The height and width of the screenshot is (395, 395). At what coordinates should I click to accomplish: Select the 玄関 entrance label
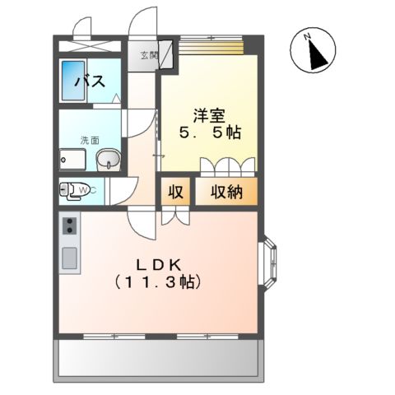tap(148, 56)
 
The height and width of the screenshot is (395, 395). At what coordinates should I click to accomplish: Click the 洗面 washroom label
tap(89, 140)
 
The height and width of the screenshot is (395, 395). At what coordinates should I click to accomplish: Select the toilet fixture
tap(73, 191)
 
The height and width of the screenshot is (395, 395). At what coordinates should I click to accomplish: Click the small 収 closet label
tap(175, 192)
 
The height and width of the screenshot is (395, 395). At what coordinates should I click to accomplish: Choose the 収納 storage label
tap(225, 192)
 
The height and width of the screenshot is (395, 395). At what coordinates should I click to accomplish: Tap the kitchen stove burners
tap(68, 225)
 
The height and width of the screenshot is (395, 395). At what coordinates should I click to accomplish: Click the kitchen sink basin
tap(69, 259)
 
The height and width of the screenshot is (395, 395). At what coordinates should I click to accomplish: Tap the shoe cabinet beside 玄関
tap(165, 56)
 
